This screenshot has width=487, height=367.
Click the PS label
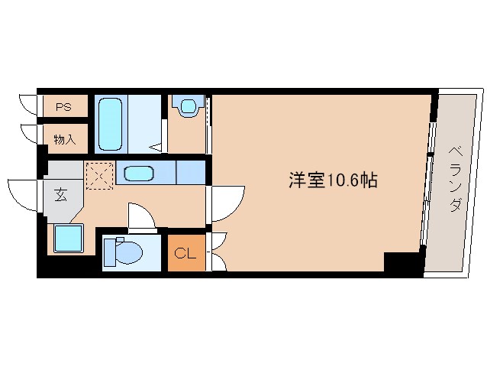point(63,108)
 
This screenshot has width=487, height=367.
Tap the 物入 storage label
point(64,139)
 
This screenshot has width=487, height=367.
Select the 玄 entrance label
point(60,194)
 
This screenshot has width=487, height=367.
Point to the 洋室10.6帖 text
point(332,180)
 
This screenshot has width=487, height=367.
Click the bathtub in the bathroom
point(111,124)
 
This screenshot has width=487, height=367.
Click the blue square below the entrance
point(68,239)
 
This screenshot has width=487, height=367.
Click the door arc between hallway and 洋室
point(226,203)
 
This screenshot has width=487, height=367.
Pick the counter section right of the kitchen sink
point(190,173)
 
